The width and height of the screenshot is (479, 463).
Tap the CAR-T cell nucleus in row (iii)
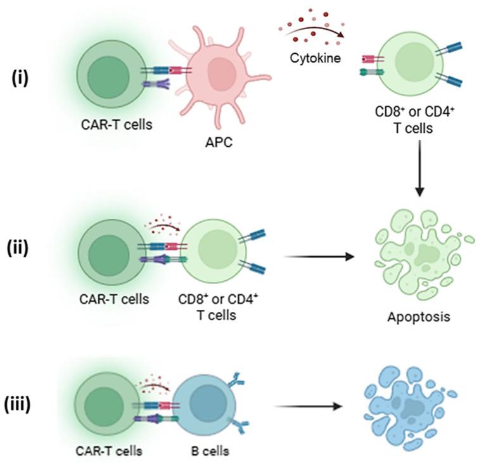click(x=108, y=411)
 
